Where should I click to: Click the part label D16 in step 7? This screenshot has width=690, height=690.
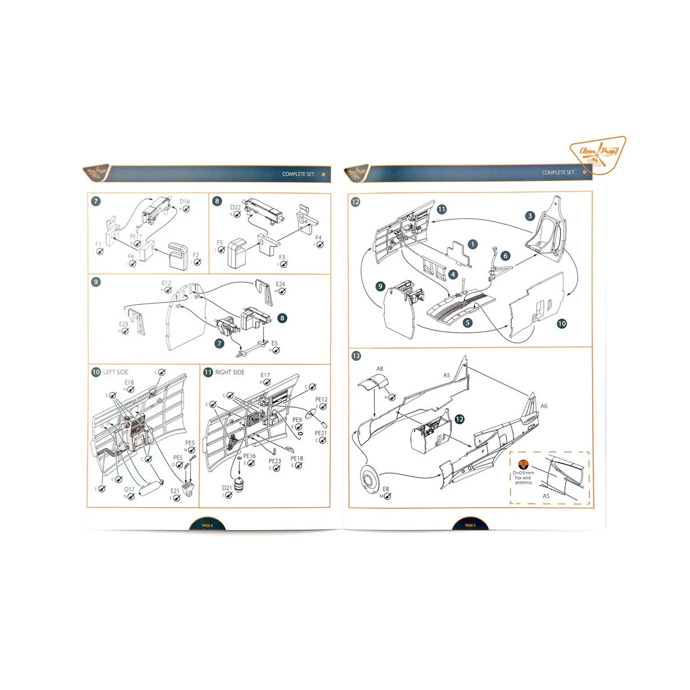click(184, 202)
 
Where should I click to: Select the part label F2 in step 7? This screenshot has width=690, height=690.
click(195, 255)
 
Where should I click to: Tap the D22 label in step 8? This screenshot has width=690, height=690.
click(236, 207)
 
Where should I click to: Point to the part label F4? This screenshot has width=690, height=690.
click(319, 237)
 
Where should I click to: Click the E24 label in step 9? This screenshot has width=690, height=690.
click(280, 284)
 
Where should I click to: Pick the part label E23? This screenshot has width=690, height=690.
click(124, 324)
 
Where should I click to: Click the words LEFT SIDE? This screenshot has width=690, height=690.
click(116, 372)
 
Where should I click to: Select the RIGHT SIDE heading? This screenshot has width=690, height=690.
click(229, 372)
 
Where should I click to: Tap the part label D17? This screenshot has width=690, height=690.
click(129, 490)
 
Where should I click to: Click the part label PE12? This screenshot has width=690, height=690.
click(321, 400)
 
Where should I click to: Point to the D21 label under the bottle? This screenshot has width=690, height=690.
click(227, 488)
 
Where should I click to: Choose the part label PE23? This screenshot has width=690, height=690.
click(275, 461)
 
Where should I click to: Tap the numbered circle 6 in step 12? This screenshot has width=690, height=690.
click(505, 256)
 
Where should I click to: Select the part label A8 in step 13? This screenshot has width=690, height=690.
click(379, 369)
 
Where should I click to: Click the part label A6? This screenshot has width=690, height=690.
click(544, 406)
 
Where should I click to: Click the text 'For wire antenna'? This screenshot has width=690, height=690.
click(523, 480)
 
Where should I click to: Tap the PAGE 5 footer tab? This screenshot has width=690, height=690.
click(470, 525)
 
